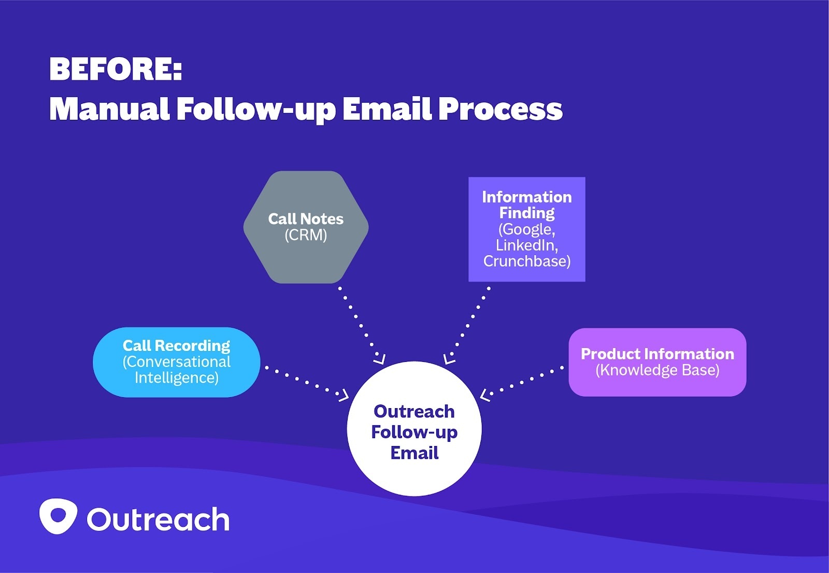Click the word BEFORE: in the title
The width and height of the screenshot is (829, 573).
(x=116, y=69)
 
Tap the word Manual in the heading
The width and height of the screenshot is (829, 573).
(x=109, y=109)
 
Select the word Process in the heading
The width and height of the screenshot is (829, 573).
(x=501, y=109)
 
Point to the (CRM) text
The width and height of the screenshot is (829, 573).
(x=306, y=235)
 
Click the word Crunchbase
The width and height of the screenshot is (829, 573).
(x=526, y=261)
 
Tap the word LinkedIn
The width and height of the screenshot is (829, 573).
(x=526, y=245)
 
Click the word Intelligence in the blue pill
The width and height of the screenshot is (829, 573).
(x=176, y=378)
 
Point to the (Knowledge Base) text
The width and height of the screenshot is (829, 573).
(x=657, y=370)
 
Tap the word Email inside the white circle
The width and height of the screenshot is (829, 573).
(x=414, y=453)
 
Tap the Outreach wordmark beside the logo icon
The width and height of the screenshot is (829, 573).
(x=158, y=519)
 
